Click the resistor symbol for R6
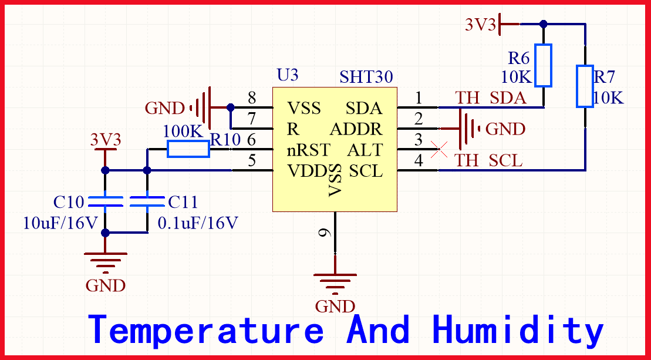coord(544,65)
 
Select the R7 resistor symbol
coord(585,86)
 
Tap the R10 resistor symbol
coord(188,149)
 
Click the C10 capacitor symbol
coord(105,202)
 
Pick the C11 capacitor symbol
coord(147,202)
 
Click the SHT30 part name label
coord(366,78)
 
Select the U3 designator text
coord(288,75)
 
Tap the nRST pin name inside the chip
coord(309,150)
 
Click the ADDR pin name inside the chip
coord(356,129)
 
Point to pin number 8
coord(252,97)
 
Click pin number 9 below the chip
coord(324,233)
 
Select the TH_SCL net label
coord(489,160)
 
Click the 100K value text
coord(183,132)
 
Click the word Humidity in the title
coord(518,330)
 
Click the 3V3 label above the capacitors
coord(106,140)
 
